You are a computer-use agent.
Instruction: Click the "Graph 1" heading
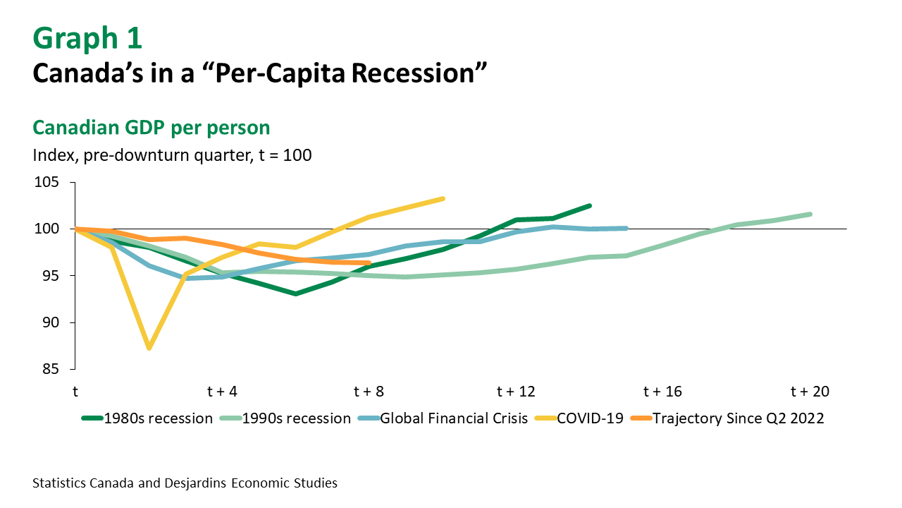pyautogui.click(x=87, y=39)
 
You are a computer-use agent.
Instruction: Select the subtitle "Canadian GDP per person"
pyautogui.click(x=151, y=128)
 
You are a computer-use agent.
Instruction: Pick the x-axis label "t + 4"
pyautogui.click(x=221, y=392)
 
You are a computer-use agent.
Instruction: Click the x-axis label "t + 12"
pyautogui.click(x=517, y=392)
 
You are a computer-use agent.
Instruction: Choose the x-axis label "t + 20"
pyautogui.click(x=810, y=392)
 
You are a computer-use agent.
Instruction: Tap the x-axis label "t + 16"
pyautogui.click(x=663, y=392)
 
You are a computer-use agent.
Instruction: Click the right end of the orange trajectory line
pyautogui.click(x=369, y=263)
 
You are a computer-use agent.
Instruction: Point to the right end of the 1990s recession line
pyautogui.click(x=810, y=214)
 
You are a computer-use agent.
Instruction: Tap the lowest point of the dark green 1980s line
pyautogui.click(x=295, y=294)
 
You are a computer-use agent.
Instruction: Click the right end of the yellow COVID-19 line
pyautogui.click(x=443, y=198)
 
